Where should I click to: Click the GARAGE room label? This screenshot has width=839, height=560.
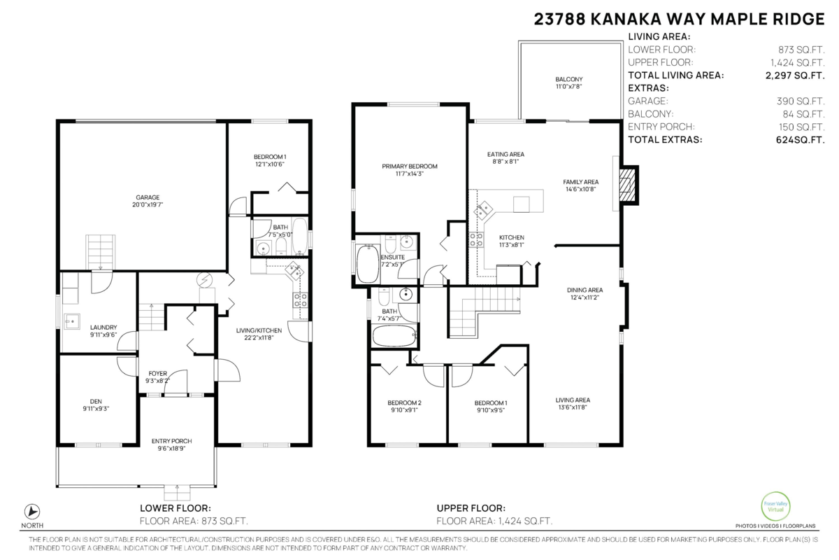coord(148,197)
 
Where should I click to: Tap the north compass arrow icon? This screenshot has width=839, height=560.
coord(32,512)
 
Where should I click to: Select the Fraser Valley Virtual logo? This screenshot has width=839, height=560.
coord(775,506)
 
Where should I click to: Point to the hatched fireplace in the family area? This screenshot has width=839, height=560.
coord(627,185)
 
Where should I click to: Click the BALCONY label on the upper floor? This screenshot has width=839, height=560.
coord(569,79)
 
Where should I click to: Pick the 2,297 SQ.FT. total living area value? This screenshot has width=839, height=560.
coord(795,76)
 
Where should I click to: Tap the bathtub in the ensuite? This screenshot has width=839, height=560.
coord(368,264)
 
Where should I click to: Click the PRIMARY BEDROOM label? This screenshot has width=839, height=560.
coord(410,166)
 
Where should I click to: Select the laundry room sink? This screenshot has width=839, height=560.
coord(72,321)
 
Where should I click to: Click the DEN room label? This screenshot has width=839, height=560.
coord(96,401)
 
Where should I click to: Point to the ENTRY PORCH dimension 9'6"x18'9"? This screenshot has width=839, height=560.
coord(171,449)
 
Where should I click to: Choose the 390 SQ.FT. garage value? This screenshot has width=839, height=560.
coord(801,101)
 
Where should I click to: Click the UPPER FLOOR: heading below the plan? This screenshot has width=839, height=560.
coord(471,508)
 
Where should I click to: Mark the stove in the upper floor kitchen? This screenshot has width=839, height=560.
coord(476,239)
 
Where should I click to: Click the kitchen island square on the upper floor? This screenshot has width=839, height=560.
coord(521,204)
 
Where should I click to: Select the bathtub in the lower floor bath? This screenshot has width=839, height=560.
coord(300,237)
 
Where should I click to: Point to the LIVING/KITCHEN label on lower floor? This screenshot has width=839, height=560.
coord(259,330)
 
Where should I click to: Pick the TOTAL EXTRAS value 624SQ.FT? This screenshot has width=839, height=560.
coord(800,140)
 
